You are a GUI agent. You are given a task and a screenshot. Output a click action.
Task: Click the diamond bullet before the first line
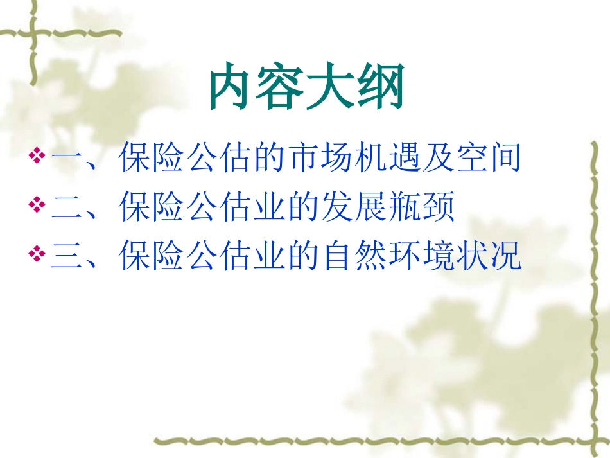(37, 156)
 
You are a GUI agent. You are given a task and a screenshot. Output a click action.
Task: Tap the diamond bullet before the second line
(37, 206)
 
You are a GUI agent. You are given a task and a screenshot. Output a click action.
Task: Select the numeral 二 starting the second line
(67, 207)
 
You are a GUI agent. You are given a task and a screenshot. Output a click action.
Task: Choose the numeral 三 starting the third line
(67, 256)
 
